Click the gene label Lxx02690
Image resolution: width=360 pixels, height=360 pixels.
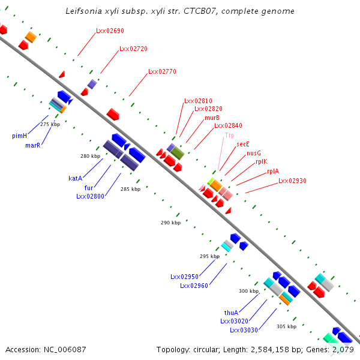tap(110, 31)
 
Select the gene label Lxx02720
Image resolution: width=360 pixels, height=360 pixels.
tap(133, 49)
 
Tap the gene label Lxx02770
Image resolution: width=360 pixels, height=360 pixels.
tap(162, 71)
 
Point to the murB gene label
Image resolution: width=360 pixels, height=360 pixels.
tap(212, 118)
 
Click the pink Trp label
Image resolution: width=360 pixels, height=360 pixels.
tap(229, 136)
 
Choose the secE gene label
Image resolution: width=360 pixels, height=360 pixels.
tap(242, 144)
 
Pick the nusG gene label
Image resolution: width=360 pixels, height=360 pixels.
tap(253, 153)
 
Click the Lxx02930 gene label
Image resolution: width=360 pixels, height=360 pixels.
tap(292, 181)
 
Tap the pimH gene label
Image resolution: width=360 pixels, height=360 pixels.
tap(19, 136)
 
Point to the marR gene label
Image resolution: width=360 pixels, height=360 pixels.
tap(32, 145)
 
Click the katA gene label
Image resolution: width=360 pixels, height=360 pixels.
tap(75, 178)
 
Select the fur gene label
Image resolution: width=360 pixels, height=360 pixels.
tap(88, 187)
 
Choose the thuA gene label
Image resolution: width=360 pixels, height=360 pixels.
tap(231, 313)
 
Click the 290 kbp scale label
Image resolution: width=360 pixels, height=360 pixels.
tap(170, 223)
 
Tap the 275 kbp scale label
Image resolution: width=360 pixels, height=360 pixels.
tap(50, 124)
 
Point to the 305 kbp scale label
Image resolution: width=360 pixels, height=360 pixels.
tap(286, 326)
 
